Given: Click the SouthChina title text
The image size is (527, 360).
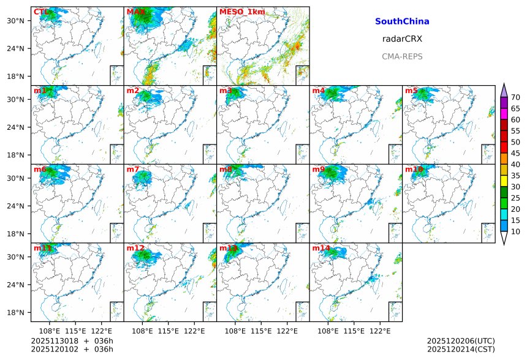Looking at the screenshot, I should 402,21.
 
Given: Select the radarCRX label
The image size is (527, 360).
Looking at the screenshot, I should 402,39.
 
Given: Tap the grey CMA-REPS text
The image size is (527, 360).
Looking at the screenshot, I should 402,56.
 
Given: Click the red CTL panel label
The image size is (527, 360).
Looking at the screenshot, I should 40,12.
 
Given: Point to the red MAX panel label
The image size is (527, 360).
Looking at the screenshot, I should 135,12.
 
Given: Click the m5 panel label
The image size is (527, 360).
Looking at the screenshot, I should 411,91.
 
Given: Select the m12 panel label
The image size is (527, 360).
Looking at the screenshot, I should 135,248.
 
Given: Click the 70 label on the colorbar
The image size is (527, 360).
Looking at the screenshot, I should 515,97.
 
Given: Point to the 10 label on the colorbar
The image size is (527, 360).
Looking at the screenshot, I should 515,231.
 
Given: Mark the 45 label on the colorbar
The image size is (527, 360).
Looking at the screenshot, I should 515,153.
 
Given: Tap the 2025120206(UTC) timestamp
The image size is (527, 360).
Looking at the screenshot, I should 460,341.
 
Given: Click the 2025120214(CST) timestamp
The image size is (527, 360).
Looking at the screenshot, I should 460,349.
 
